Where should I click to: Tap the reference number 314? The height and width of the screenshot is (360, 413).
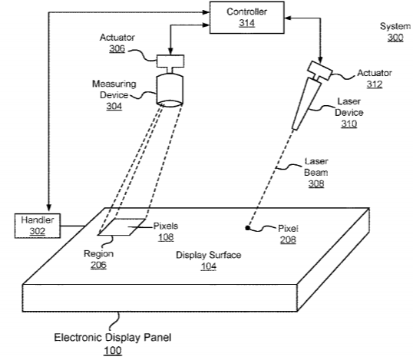(246, 23)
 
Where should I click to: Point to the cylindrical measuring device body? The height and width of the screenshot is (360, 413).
(170, 90)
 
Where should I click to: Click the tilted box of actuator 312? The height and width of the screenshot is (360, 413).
(320, 71)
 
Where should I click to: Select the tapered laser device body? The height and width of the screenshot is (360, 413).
(307, 104)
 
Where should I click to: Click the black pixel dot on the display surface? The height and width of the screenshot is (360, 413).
(248, 228)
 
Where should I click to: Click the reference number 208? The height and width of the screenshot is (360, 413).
(288, 239)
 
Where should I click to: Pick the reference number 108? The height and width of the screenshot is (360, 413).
(166, 237)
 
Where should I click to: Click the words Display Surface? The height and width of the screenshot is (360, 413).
(208, 255)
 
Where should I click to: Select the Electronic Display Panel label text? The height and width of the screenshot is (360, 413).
(113, 337)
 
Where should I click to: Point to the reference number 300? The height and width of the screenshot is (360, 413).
(395, 38)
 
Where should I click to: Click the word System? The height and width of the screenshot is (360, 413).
(395, 26)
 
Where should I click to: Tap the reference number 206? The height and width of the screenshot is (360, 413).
(98, 265)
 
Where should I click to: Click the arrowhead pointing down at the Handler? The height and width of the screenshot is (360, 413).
(48, 208)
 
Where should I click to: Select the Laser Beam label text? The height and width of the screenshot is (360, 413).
(316, 167)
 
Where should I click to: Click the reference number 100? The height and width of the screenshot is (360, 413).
(113, 351)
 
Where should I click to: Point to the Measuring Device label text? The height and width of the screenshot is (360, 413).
(114, 89)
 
